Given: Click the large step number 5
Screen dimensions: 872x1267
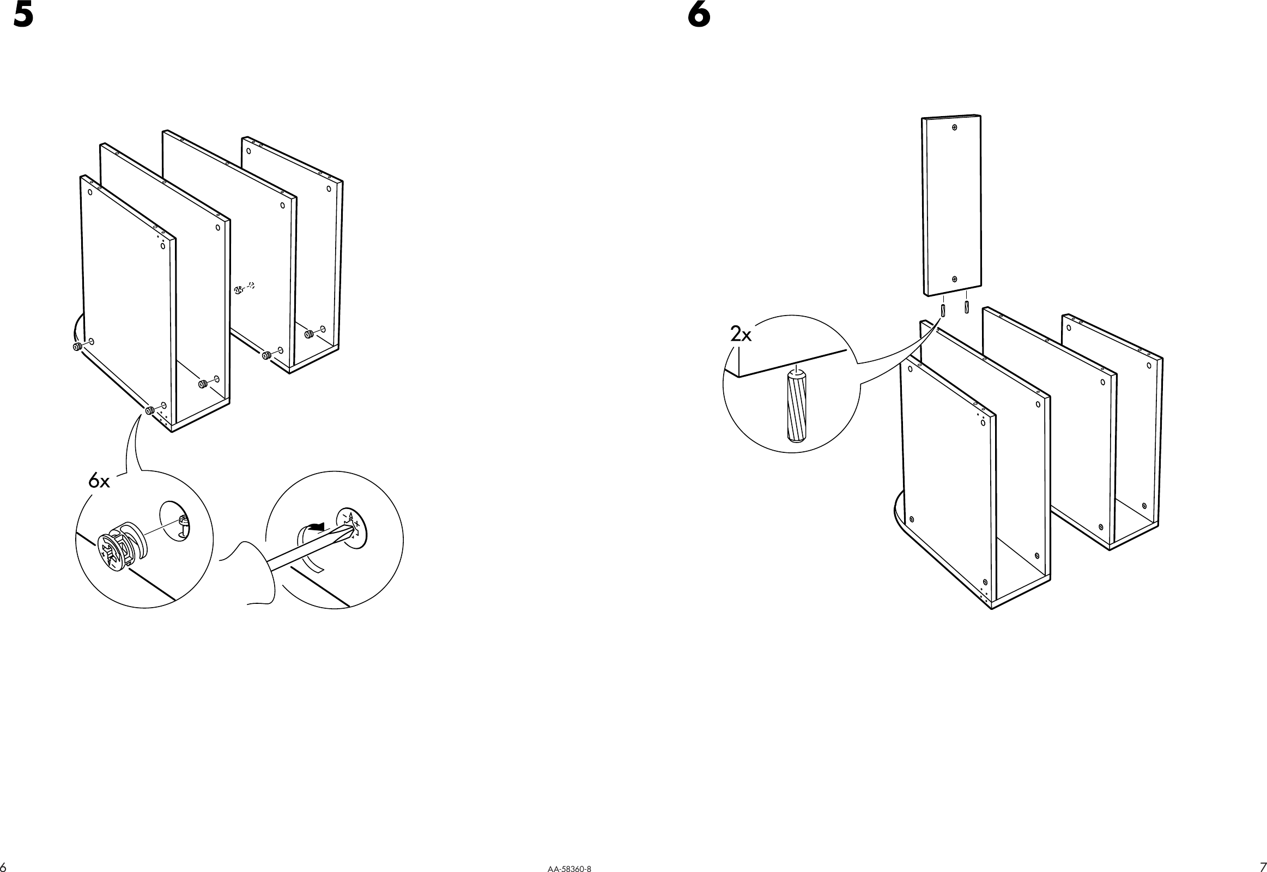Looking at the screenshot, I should click(23, 15).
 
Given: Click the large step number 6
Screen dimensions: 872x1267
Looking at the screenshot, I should click(699, 15).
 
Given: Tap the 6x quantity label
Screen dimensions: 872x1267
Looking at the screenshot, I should click(99, 481).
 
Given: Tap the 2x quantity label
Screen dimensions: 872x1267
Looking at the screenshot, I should click(741, 335).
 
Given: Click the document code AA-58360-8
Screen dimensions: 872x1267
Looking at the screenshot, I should click(569, 868).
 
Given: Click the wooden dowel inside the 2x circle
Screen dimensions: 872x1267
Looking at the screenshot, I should click(797, 405).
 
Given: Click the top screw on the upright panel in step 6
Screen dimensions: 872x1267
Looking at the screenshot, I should click(955, 128).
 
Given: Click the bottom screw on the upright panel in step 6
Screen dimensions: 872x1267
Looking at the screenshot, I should click(955, 279).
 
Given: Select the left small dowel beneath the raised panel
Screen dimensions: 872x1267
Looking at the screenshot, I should click(943, 310).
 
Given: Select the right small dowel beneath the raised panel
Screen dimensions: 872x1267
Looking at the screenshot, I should click(967, 306).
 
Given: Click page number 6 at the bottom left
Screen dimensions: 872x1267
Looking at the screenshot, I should click(3, 867).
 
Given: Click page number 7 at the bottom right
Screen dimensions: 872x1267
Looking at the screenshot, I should click(1263, 867).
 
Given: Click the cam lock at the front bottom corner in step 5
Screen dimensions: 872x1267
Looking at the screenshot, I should click(150, 410).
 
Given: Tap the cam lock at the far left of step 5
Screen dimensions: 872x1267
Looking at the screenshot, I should click(77, 347).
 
